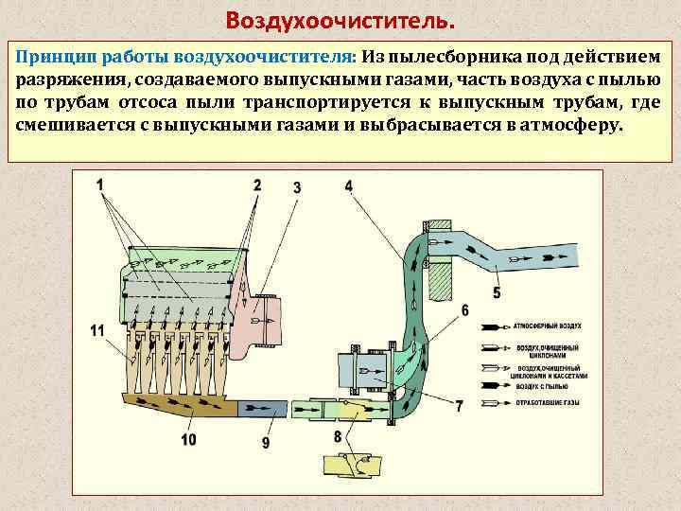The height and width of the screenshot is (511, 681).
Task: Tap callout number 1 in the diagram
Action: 100,183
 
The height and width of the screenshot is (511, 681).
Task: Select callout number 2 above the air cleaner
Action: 257,185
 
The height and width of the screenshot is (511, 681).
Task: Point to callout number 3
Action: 297,187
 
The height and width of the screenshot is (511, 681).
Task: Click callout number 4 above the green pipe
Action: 348,185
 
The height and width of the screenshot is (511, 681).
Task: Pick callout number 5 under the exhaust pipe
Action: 497,293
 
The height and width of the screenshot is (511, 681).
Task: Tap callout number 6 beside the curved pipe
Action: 464,309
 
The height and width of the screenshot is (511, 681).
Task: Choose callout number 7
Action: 459,407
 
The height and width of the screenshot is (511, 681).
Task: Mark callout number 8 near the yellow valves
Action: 338,437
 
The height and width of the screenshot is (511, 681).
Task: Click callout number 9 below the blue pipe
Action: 266,441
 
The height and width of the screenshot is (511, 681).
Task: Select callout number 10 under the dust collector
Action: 188,439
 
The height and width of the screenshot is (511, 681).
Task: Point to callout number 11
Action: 98,330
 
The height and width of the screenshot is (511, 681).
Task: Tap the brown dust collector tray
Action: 180,406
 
